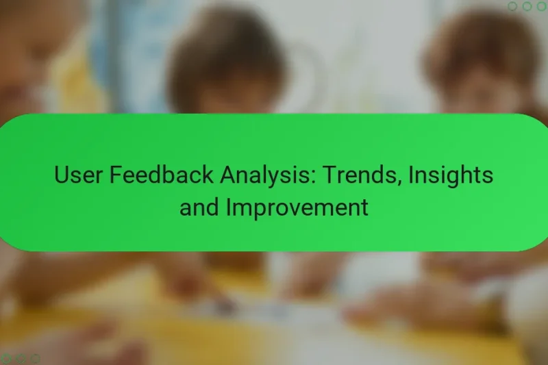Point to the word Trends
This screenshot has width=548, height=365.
[x=360, y=176]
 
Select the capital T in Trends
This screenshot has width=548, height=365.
[x=329, y=176]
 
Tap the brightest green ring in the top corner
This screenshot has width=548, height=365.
[x=542, y=6]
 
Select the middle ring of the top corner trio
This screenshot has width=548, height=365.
[x=527, y=6]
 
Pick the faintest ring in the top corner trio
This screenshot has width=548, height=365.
[x=513, y=6]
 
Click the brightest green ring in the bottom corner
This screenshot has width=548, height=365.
[x=6, y=358]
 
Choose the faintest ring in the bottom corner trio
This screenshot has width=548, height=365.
[x=35, y=358]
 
